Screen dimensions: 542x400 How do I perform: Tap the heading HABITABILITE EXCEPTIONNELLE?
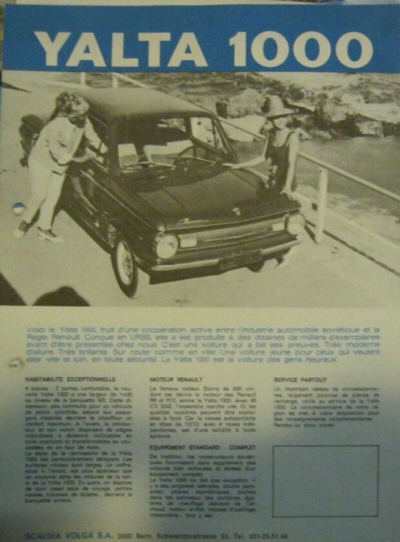70,379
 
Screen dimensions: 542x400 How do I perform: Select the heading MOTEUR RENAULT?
176,379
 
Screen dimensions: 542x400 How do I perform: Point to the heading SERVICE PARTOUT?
300,379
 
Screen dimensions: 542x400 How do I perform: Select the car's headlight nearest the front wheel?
166,246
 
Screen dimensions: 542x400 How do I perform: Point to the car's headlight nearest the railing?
295,223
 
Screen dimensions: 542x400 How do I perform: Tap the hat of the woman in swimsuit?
276,105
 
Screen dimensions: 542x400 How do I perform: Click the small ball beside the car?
19,208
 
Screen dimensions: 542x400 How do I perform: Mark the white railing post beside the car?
321,205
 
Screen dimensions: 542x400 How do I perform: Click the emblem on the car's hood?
237,210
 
